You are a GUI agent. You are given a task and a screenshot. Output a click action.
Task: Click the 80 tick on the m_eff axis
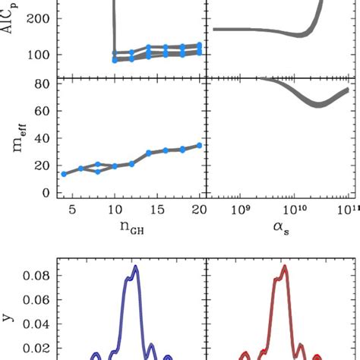click(39, 83)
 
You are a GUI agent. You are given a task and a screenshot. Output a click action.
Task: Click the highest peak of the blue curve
click(135, 267)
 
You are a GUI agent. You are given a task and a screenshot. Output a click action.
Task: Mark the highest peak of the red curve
click(284, 267)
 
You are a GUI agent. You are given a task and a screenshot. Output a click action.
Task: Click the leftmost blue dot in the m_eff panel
click(64, 174)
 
